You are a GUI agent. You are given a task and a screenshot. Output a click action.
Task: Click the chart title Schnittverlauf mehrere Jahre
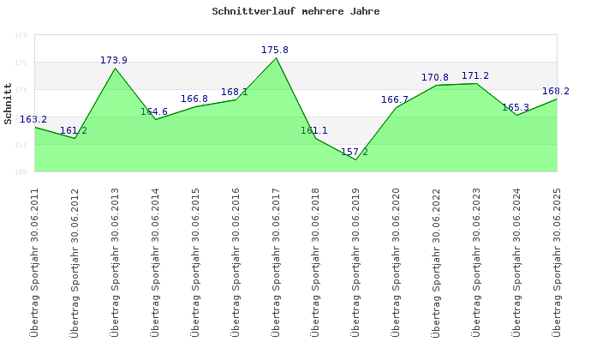click(295, 12)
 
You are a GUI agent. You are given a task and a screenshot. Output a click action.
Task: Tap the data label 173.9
click(114, 60)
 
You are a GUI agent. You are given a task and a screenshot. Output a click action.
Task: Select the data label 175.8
click(275, 50)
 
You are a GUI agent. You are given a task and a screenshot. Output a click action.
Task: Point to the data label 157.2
click(355, 152)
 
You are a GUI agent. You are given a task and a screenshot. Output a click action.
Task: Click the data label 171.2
click(475, 75)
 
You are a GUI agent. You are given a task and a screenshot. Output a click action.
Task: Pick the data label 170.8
click(435, 77)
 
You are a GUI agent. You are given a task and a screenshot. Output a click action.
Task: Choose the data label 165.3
click(516, 107)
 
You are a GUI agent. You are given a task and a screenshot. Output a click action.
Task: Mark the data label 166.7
click(395, 99)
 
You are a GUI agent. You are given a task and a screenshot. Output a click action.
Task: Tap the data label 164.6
click(154, 111)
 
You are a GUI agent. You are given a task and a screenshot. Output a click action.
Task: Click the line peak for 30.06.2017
click(276, 57)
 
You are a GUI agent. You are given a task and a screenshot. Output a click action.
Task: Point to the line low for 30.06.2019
click(355, 159)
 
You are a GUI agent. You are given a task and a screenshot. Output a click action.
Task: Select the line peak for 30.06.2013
click(115, 68)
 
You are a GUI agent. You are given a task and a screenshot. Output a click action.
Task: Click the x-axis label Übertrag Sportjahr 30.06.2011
click(34, 261)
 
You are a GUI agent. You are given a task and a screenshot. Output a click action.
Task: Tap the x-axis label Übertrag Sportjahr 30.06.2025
click(557, 261)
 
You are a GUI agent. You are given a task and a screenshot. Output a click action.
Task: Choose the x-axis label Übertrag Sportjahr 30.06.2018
click(315, 261)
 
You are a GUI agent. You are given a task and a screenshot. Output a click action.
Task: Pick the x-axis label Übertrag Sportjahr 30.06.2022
click(436, 261)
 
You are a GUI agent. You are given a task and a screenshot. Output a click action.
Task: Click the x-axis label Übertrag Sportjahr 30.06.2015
click(195, 261)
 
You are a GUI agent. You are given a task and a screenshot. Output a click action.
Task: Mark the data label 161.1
click(314, 130)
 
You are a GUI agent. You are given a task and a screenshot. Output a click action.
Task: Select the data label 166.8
click(194, 99)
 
